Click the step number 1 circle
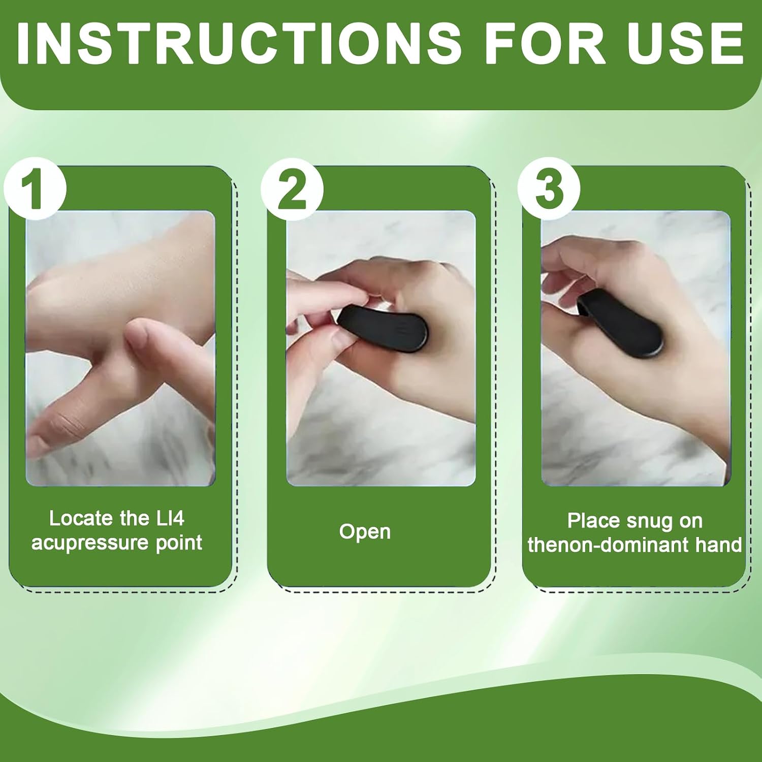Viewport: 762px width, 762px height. point(36,189)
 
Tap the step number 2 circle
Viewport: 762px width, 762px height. point(292,189)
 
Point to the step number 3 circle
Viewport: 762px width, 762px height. point(549,189)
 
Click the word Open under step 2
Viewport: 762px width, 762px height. point(365,532)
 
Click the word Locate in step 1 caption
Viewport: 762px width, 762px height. point(81,518)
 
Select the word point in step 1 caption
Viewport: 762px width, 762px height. point(179,543)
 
